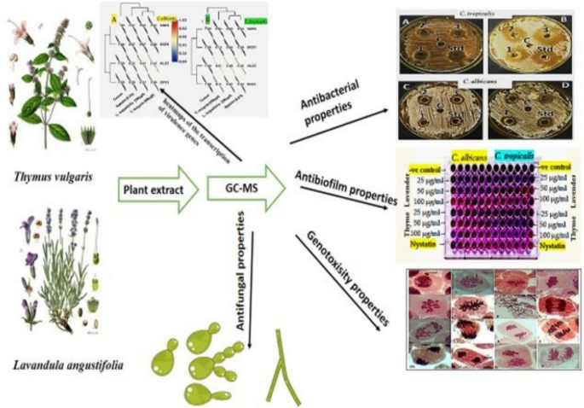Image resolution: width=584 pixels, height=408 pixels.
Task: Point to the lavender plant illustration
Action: [55, 273]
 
